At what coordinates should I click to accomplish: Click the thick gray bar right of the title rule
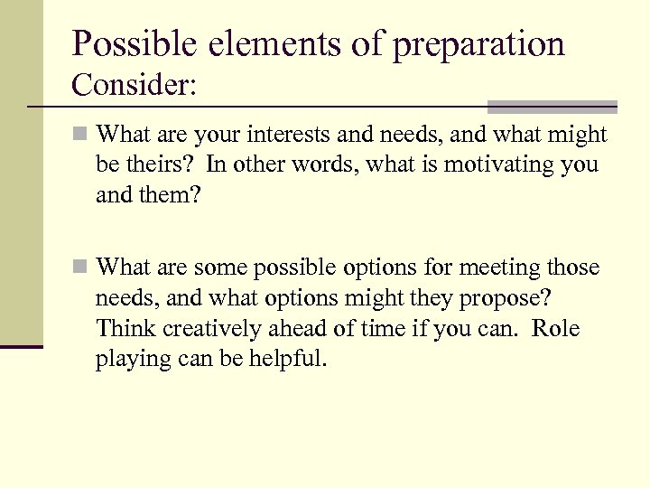coord(552,104)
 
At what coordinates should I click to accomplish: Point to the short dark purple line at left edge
coord(22,346)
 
